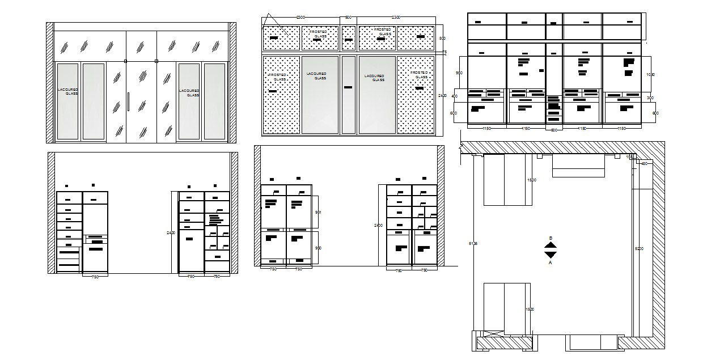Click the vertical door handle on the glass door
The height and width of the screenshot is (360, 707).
point(129,101)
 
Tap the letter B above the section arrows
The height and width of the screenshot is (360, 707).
point(550,238)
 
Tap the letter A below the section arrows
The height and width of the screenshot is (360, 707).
point(550,262)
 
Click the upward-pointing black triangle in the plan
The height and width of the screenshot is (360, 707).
point(550,245)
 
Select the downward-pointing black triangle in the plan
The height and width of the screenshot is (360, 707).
point(550,255)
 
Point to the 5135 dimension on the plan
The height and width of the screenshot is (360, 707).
point(473,244)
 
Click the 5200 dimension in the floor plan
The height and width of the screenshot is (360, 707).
point(640,248)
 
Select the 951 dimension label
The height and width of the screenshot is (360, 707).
point(318,213)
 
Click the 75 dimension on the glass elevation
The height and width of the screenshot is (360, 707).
point(444,52)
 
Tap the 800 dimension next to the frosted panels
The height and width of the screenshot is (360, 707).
point(443,38)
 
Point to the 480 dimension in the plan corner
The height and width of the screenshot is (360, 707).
point(644,164)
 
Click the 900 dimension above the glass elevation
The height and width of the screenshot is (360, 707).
point(348,18)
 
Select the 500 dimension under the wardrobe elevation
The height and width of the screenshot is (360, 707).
point(554,130)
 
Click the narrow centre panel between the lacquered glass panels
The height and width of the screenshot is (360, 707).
point(349,94)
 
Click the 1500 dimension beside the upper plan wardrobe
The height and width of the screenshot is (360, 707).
point(531,180)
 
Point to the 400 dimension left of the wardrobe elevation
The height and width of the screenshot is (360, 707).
point(454,96)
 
